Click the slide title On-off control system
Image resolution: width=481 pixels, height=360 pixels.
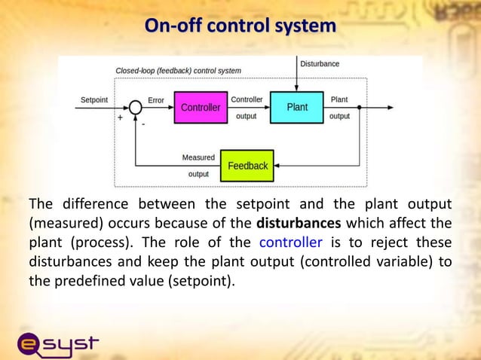point(240,26)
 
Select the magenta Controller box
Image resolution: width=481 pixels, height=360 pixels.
point(201,108)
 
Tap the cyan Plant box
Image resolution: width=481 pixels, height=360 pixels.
point(297,108)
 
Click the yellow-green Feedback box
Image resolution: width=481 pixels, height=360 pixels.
point(247,166)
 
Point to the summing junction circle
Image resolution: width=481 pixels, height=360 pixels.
point(136,108)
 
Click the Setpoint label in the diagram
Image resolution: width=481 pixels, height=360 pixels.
point(93,99)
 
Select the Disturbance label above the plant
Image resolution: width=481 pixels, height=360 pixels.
point(320,64)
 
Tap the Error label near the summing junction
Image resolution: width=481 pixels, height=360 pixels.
point(156,99)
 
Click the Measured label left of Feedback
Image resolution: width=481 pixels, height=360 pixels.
point(198,158)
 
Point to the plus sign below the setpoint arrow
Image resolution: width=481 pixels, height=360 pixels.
point(120,118)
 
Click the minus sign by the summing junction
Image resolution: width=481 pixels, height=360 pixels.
point(143,124)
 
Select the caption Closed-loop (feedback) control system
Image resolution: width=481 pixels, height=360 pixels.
point(178,71)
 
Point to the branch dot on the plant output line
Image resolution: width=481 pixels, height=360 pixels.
point(360,108)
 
